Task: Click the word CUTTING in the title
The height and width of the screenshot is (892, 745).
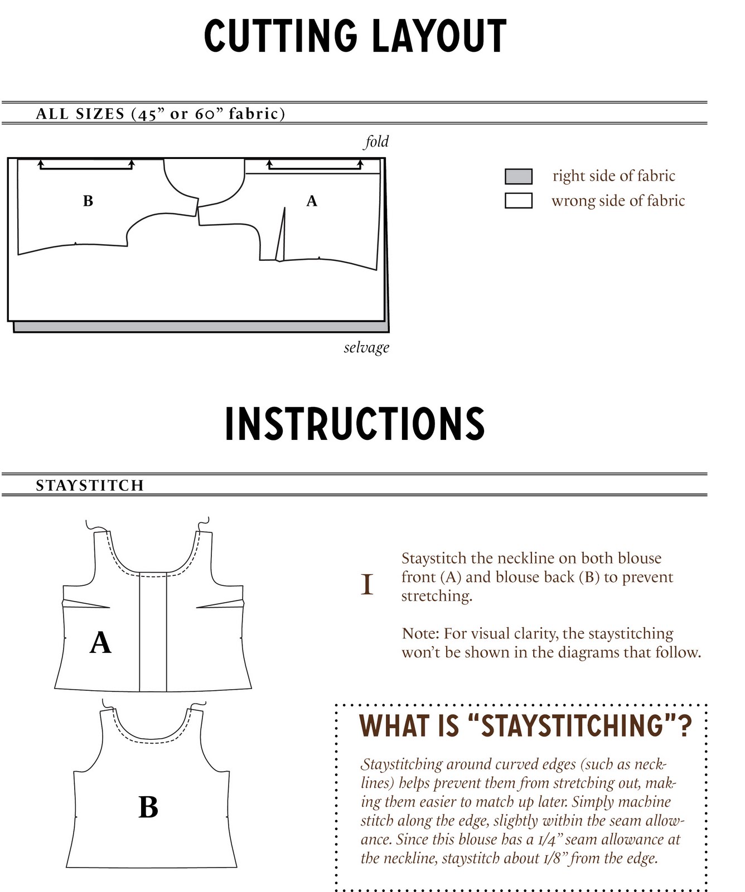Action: coord(280,36)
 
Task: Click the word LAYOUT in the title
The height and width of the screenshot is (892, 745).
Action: coord(439,36)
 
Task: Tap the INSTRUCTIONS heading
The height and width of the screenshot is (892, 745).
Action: coord(355,424)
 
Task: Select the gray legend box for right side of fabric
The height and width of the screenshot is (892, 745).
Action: coord(518,176)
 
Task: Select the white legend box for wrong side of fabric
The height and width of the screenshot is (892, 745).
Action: coord(518,201)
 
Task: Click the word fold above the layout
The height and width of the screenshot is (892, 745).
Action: coord(376,142)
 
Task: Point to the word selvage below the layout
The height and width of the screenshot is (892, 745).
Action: coord(366,347)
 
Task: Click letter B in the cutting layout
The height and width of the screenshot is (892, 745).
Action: coord(88,201)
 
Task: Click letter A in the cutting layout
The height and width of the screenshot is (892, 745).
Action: coord(312,201)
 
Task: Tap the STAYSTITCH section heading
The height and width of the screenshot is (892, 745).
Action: coord(90,486)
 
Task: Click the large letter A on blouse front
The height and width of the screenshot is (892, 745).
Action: coord(100,642)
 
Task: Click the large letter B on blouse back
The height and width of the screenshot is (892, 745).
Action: coord(148,807)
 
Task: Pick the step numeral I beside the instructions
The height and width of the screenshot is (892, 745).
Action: coord(367,585)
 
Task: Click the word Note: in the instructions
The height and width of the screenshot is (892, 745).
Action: coord(420,634)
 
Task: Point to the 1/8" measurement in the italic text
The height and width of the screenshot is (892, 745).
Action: coord(552,859)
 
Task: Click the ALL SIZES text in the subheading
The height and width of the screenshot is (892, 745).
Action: coord(80,114)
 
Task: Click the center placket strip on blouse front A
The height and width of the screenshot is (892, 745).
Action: coord(153,633)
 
